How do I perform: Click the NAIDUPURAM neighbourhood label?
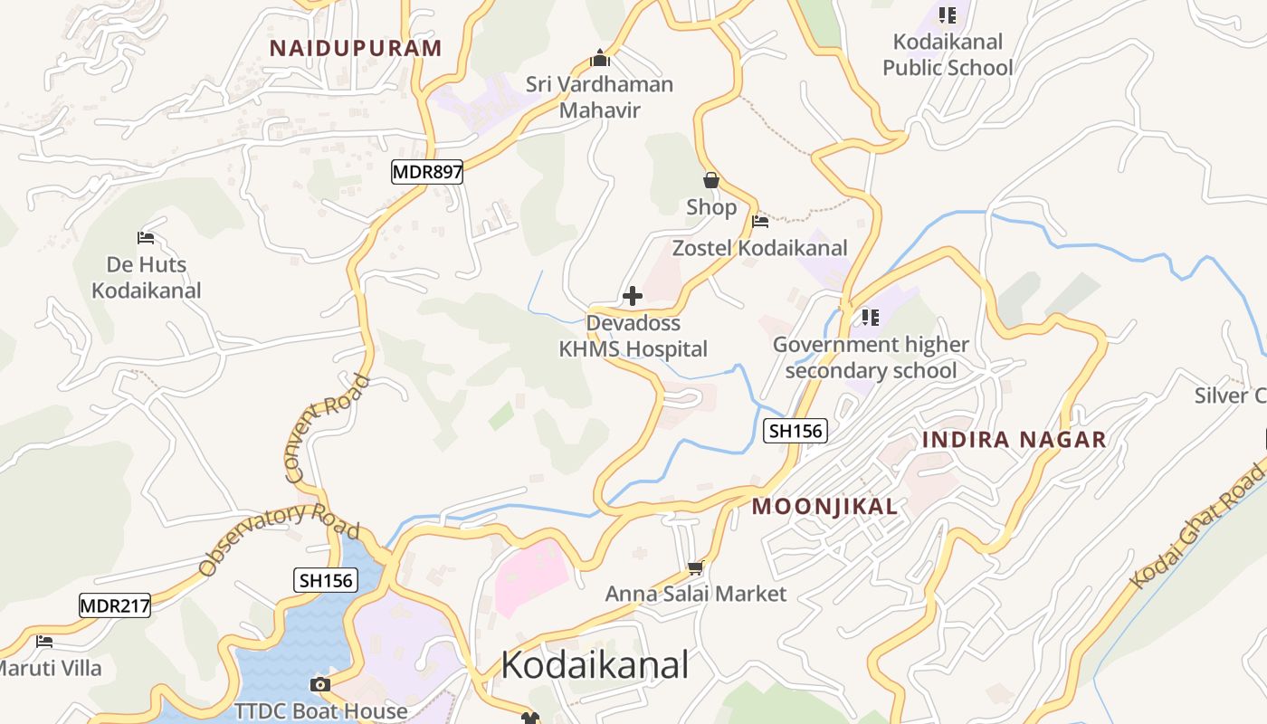[356, 48]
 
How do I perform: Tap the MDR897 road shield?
[427, 172]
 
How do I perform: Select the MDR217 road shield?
[115, 606]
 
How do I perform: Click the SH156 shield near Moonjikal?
[795, 432]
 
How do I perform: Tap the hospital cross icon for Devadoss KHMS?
[633, 296]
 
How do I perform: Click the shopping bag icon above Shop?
[711, 180]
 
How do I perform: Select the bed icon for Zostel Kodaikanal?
[760, 221]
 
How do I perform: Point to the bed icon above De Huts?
[146, 238]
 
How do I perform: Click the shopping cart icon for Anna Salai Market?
[695, 567]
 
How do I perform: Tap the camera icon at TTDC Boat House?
[319, 684]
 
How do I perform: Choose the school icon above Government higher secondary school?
[870, 317]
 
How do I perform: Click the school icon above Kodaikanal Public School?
[947, 14]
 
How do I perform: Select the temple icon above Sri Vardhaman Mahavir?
[599, 58]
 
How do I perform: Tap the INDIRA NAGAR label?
[1014, 440]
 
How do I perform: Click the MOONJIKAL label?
[824, 507]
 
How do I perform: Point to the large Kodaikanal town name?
[595, 665]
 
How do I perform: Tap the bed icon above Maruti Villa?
[44, 642]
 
